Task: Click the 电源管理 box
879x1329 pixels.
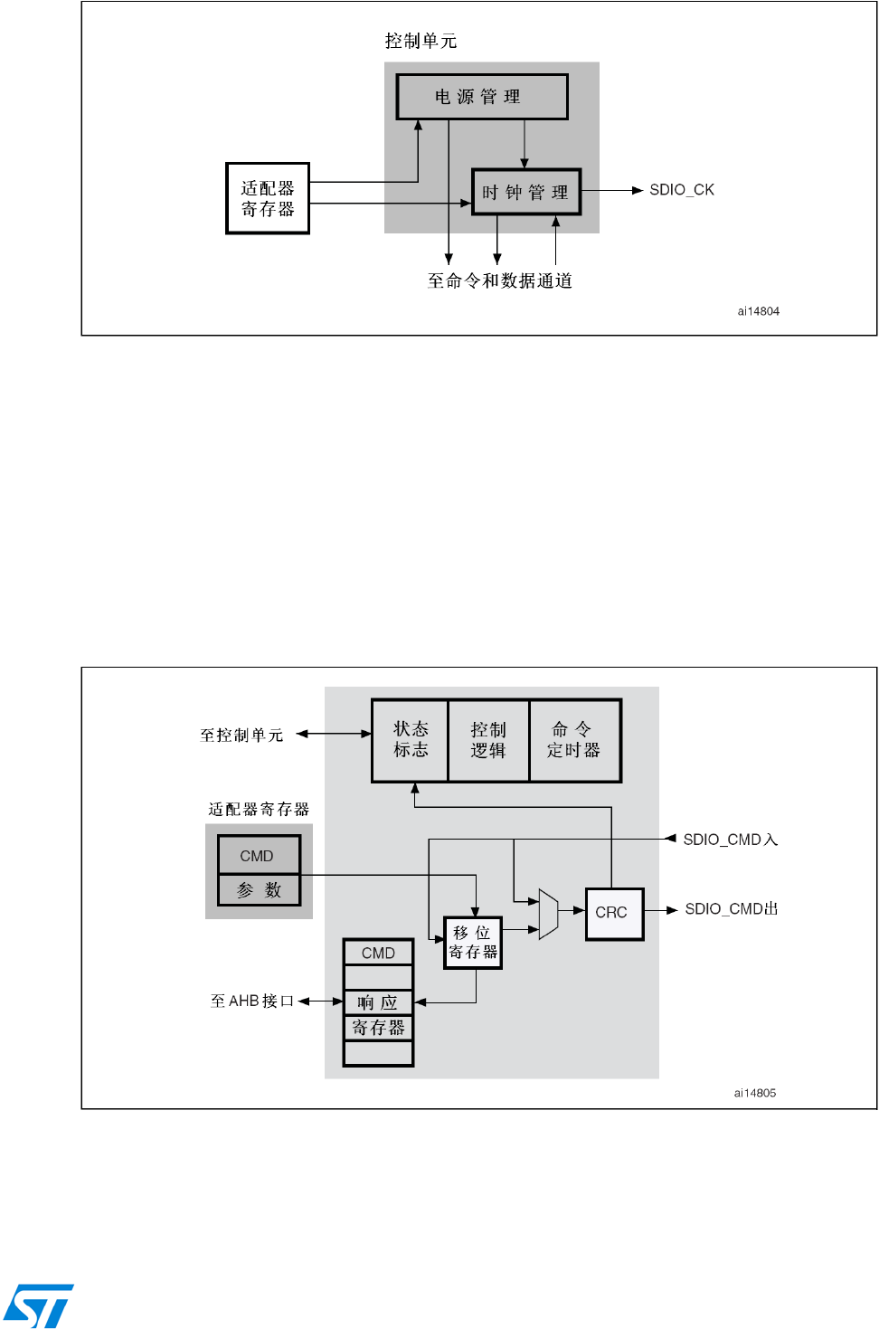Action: [482, 97]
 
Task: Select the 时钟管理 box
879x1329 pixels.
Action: [526, 192]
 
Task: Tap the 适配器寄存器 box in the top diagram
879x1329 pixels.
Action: [268, 198]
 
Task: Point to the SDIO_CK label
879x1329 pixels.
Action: [682, 190]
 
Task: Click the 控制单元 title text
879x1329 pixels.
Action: [421, 41]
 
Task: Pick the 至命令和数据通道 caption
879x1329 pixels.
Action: [499, 280]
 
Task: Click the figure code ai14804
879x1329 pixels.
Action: [758, 311]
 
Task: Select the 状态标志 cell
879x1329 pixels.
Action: [411, 740]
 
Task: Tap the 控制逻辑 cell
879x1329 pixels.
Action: [488, 740]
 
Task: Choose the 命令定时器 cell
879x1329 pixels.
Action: [575, 740]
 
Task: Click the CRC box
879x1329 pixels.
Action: [614, 914]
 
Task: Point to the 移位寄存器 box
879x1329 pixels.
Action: [473, 943]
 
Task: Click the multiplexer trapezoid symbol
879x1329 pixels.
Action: [548, 914]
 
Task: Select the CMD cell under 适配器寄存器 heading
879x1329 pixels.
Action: [259, 855]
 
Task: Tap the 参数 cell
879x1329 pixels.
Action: [259, 889]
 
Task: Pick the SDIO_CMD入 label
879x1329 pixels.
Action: [730, 840]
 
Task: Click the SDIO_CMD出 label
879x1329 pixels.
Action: [732, 909]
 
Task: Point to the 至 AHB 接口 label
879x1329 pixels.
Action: [252, 1001]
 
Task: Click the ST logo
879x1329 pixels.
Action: [39, 1305]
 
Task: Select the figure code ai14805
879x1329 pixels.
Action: [754, 1093]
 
